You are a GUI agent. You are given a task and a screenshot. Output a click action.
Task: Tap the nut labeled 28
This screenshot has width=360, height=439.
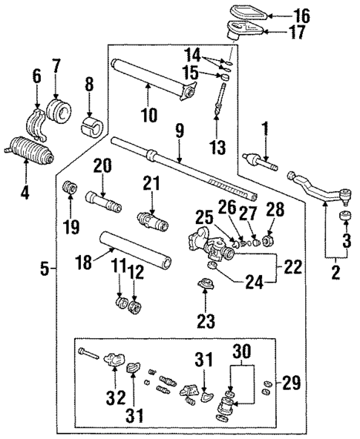point(269,242)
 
